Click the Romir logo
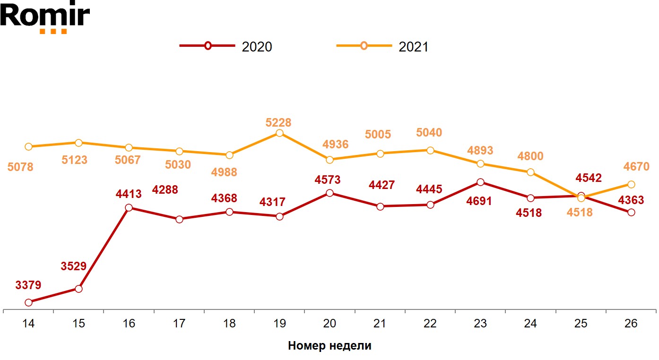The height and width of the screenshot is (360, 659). tap(44, 17)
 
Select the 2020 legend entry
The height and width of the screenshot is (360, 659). tap(226, 46)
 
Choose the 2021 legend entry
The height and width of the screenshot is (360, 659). tap(382, 46)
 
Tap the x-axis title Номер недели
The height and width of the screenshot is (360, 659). tap(329, 346)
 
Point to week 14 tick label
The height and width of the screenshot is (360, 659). tap(28, 324)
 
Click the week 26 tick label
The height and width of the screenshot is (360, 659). tap(631, 324)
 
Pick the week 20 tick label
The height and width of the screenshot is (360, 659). tap(329, 324)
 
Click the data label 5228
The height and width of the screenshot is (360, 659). tap(278, 122)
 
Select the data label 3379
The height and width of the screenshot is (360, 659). tap(28, 285)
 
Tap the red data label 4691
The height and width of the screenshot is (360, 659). tap(479, 201)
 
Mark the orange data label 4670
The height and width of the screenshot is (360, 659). tap(636, 166)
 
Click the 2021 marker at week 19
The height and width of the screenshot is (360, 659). tap(279, 133)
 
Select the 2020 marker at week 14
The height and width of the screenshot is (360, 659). tap(28, 302)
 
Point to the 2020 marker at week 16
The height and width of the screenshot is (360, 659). tap(129, 208)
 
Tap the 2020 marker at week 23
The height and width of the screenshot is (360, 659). tap(480, 182)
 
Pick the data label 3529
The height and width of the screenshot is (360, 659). tap(74, 266)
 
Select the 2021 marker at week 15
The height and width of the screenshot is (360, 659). tap(78, 143)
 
